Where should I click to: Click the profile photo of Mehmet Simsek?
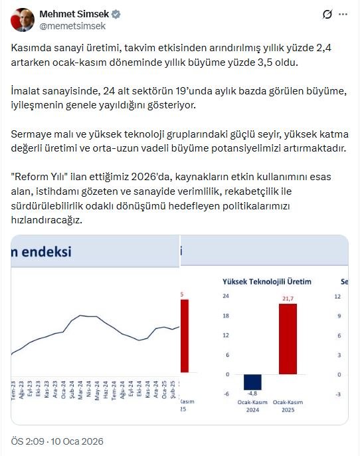(x=23, y=20)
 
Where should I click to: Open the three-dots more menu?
(x=342, y=14)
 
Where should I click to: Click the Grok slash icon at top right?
(x=327, y=14)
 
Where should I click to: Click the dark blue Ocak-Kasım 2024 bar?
(x=252, y=382)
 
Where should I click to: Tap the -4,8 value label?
(x=252, y=395)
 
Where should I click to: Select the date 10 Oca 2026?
(x=79, y=441)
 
